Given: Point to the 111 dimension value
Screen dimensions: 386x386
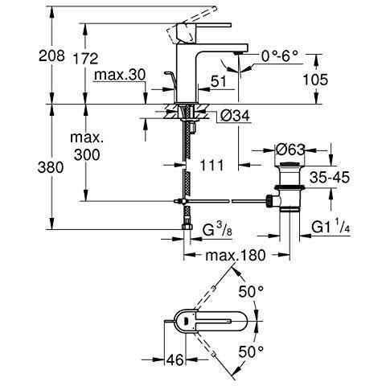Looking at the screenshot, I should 211,166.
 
